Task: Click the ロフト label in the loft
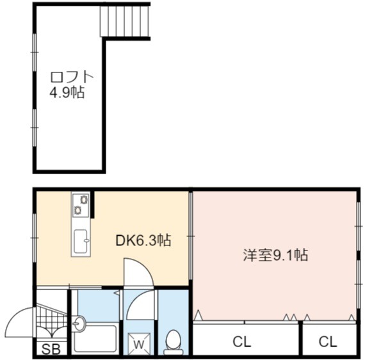tap(72, 77)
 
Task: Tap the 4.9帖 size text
tap(67, 92)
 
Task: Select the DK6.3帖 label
tap(143, 240)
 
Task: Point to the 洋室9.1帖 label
tap(275, 255)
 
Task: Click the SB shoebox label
tap(51, 349)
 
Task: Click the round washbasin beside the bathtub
tap(79, 323)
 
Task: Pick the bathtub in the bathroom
tap(95, 339)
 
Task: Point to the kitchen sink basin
tap(81, 241)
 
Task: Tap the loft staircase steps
tap(124, 21)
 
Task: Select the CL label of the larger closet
tap(242, 342)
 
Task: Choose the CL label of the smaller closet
tap(328, 342)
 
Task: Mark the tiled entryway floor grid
tap(51, 321)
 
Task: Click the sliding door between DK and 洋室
tap(191, 236)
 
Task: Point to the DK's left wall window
tap(35, 238)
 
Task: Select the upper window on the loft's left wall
tap(35, 53)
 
